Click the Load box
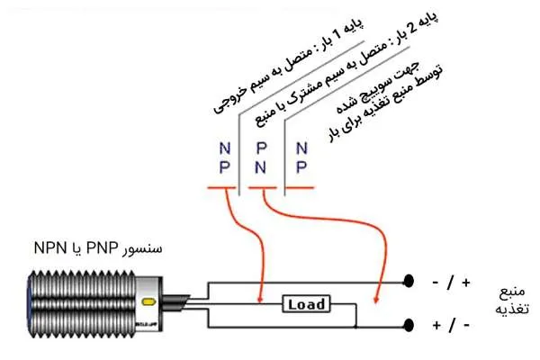pyautogui.click(x=306, y=304)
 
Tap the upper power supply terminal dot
pyautogui.click(x=409, y=281)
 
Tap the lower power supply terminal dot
pyautogui.click(x=409, y=325)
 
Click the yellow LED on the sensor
pyautogui.click(x=148, y=301)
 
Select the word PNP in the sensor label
pyautogui.click(x=102, y=247)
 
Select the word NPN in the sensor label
pyautogui.click(x=50, y=247)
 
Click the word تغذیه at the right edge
pyautogui.click(x=512, y=309)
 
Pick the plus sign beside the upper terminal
pyautogui.click(x=466, y=283)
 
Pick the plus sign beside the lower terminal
pyautogui.click(x=436, y=326)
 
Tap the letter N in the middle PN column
pyautogui.click(x=260, y=167)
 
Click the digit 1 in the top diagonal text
pyautogui.click(x=338, y=37)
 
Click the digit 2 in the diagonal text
pyautogui.click(x=414, y=29)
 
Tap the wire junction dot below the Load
pyautogui.click(x=356, y=326)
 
